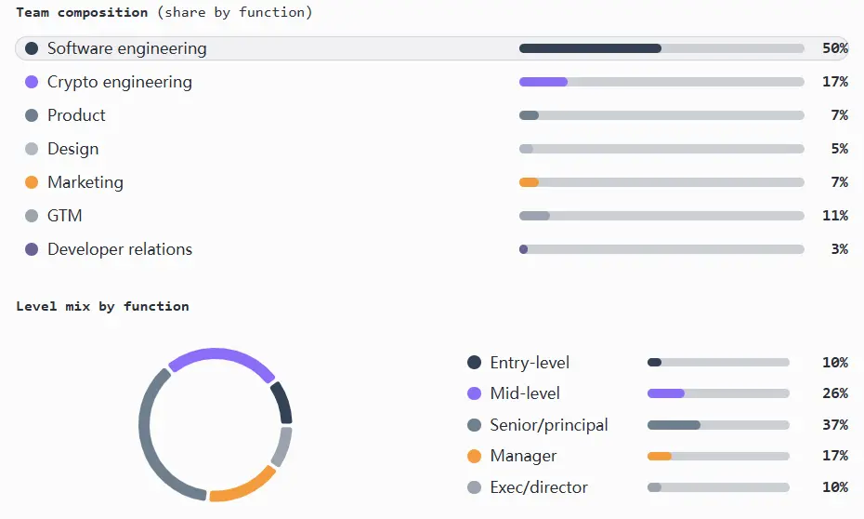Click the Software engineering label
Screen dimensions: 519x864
(126, 48)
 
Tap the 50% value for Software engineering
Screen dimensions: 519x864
(834, 48)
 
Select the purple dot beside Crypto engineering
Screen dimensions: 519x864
(32, 82)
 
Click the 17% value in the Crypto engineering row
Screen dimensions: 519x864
(834, 82)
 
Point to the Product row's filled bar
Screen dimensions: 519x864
(529, 115)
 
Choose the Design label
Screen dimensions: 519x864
(72, 149)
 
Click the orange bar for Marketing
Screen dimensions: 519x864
(529, 182)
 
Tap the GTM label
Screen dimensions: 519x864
(64, 216)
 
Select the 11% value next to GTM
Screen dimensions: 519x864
(834, 216)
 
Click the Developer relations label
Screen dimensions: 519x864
(120, 249)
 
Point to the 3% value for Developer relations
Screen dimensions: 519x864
(839, 249)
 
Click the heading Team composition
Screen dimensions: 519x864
(82, 12)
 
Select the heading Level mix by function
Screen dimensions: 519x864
(102, 306)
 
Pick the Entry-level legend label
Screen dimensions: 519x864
(530, 363)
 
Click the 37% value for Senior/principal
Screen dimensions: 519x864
(834, 425)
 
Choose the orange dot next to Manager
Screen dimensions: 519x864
(474, 456)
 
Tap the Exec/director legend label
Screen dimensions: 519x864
(539, 487)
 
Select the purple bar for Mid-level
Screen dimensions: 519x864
(665, 393)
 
